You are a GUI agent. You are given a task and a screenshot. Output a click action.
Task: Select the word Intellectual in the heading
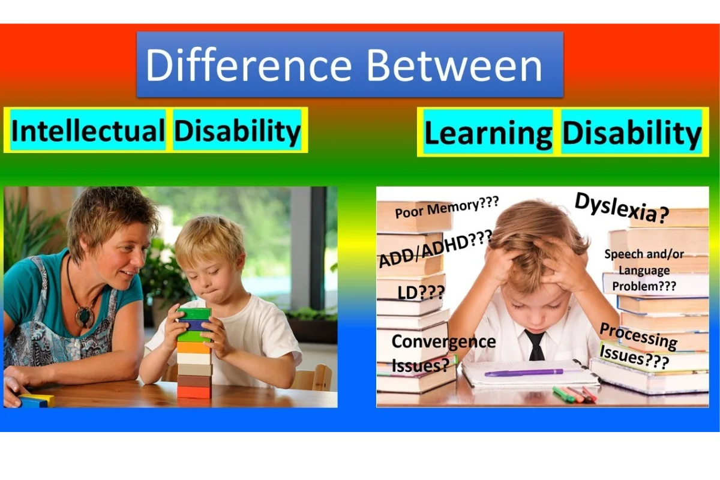88,131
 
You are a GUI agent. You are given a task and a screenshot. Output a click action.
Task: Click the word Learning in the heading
488,133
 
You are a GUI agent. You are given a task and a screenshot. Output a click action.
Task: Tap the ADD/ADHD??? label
436,248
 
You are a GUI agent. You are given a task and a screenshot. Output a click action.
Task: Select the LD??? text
421,292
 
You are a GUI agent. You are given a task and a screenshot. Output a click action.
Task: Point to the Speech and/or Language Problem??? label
644,271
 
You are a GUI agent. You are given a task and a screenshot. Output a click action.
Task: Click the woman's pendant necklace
85,315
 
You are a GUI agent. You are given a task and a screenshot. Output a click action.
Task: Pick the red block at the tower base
194,392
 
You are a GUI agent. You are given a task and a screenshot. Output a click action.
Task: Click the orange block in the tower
193,347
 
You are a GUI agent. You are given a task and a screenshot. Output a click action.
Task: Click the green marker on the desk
563,394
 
